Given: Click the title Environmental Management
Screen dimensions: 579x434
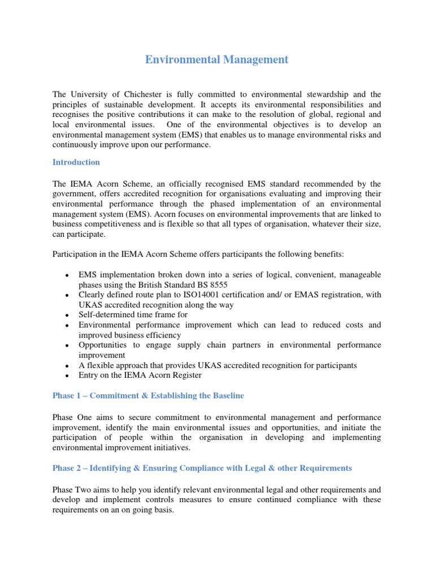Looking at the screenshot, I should click(x=217, y=59).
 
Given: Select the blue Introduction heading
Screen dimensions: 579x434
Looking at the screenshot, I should click(x=76, y=162).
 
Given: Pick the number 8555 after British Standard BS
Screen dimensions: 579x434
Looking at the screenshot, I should click(x=208, y=285).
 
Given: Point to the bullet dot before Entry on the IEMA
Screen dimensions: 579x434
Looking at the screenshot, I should click(x=67, y=375).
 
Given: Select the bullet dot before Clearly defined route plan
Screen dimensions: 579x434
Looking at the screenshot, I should click(x=67, y=295).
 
